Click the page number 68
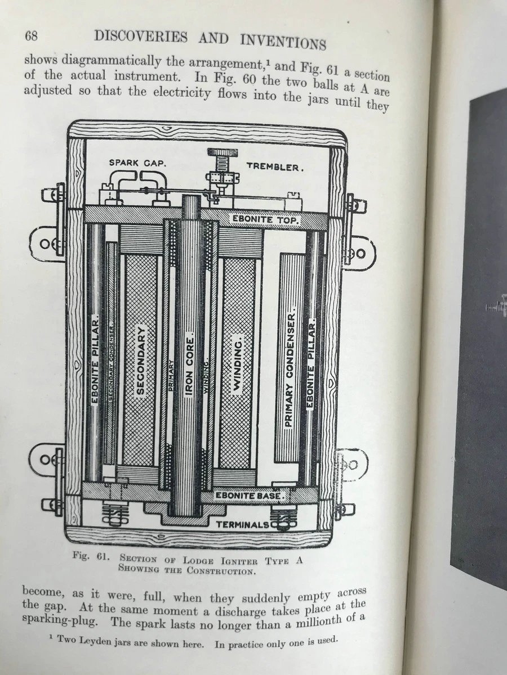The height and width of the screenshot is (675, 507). pyautogui.click(x=31, y=37)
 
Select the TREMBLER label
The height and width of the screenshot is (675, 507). pyautogui.click(x=275, y=166)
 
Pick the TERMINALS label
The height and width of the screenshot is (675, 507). pyautogui.click(x=243, y=525)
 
